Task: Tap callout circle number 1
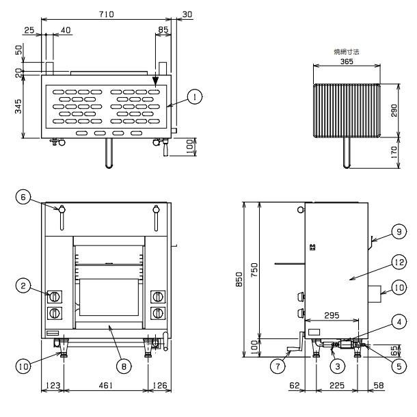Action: coord(196,98)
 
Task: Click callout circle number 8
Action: coord(123,366)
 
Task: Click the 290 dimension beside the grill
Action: coord(394,111)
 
